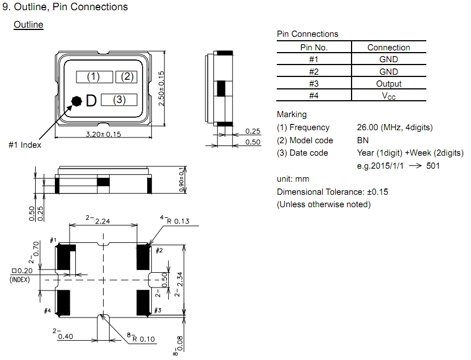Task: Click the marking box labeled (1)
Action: pyautogui.click(x=94, y=77)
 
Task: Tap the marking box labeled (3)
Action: pyautogui.click(x=119, y=100)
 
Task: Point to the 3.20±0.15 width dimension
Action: pyautogui.click(x=104, y=134)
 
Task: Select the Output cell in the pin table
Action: pyautogui.click(x=388, y=84)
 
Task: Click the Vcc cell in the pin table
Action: pyautogui.click(x=388, y=96)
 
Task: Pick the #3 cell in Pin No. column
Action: pyautogui.click(x=314, y=84)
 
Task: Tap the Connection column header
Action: pyautogui.click(x=388, y=48)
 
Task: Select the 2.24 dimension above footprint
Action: pyautogui.click(x=102, y=221)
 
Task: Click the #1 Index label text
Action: pyautogui.click(x=25, y=145)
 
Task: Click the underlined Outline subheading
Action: pyautogui.click(x=28, y=25)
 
